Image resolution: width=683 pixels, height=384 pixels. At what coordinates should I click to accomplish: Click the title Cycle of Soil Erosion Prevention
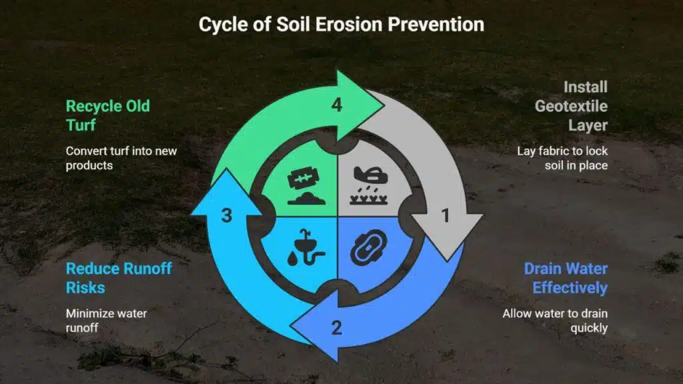click(341, 25)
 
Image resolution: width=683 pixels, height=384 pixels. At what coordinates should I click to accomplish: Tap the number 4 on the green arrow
click(337, 105)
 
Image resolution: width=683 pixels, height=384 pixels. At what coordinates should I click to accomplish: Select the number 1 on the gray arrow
click(445, 215)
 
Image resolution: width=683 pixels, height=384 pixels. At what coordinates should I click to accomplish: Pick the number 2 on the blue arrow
click(336, 328)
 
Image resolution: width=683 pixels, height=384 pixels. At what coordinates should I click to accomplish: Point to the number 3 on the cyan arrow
click(227, 215)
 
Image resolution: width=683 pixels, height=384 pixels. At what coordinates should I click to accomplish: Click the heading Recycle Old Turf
click(107, 115)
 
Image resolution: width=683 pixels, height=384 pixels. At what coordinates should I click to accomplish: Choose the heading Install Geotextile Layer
click(571, 106)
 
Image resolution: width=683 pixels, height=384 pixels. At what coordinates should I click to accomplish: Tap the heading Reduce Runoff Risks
click(119, 278)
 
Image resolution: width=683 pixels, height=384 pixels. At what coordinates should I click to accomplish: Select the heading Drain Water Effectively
click(566, 278)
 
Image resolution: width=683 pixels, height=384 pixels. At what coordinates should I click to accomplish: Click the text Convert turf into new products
click(121, 158)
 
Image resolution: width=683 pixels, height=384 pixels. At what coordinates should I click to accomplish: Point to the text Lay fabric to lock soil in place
click(562, 158)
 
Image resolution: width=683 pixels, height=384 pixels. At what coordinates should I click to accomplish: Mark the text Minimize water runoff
click(106, 321)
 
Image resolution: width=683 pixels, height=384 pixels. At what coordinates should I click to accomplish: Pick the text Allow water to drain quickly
click(555, 321)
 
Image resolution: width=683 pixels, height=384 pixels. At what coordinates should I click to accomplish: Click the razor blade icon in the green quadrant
click(303, 178)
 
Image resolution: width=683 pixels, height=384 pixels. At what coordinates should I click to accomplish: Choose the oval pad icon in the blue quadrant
click(368, 247)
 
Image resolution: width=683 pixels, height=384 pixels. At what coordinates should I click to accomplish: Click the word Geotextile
click(571, 106)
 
